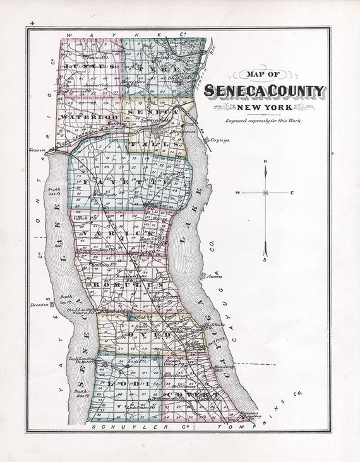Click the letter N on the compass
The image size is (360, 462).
(267, 162)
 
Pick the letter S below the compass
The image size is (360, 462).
(267, 259)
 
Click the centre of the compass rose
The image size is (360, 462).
(267, 192)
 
